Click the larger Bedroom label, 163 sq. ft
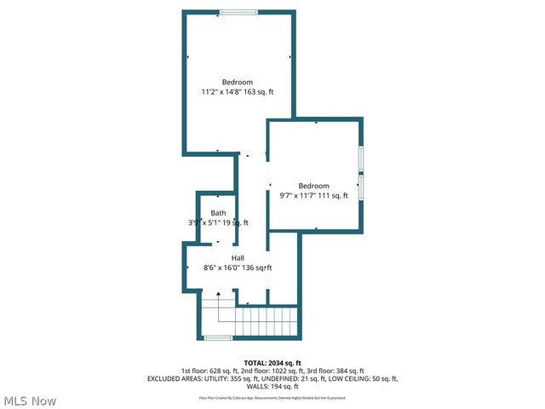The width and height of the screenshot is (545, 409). point(238,82)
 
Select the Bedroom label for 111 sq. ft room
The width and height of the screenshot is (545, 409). point(313,186)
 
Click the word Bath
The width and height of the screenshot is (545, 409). point(219,213)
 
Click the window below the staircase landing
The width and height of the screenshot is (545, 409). point(218,338)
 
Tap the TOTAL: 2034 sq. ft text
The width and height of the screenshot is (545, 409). point(272,363)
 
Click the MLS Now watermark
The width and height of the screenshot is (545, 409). point(31,400)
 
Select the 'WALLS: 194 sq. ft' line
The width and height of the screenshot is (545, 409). point(272,386)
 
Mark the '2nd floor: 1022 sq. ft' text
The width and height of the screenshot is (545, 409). point(272,371)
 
